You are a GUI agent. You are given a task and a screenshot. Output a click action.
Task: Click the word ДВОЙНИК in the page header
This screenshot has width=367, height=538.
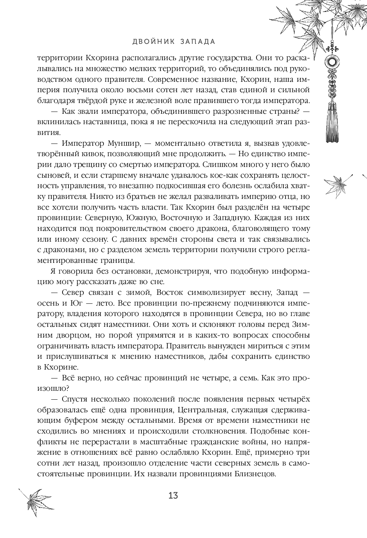coord(151,42)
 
